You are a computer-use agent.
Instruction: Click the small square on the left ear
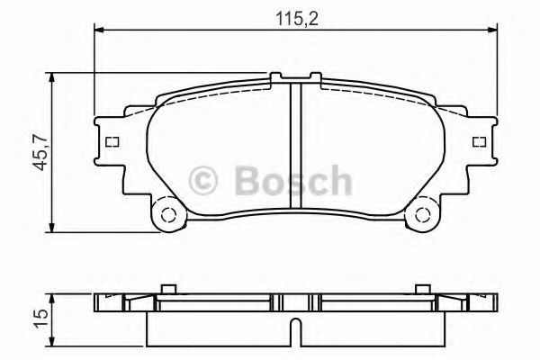[x=112, y=142]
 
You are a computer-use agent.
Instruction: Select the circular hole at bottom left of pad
[x=166, y=215]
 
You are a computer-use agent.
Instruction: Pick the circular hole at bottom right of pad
[x=420, y=215]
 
